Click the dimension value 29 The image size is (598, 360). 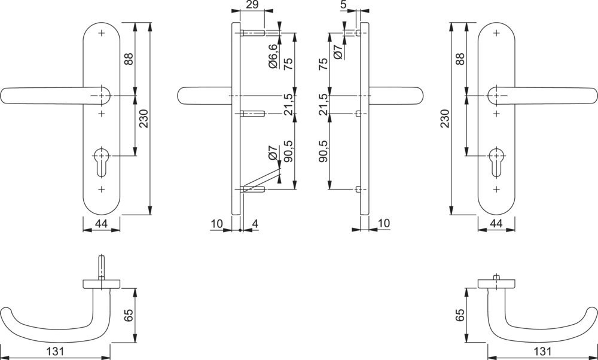click(x=252, y=5)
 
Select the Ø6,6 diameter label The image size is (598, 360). click(x=273, y=56)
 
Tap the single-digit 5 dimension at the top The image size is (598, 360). click(x=344, y=5)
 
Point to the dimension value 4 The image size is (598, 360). click(x=255, y=224)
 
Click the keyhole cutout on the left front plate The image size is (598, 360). click(x=102, y=161)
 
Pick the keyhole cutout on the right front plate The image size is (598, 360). click(x=496, y=161)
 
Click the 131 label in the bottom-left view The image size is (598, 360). click(x=54, y=351)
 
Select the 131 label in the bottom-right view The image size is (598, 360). click(x=543, y=351)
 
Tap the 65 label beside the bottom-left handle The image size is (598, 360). click(x=129, y=315)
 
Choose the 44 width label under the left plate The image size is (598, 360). click(x=101, y=224)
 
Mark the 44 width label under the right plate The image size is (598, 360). click(x=496, y=224)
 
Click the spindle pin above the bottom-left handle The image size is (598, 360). click(x=102, y=267)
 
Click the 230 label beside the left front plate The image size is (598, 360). click(x=144, y=118)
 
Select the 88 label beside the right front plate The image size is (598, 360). click(x=460, y=59)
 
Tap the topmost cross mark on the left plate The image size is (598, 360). click(x=102, y=33)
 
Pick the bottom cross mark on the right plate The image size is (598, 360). click(x=496, y=190)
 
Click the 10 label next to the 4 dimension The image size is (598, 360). click(x=216, y=224)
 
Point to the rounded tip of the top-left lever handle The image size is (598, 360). click(x=3, y=95)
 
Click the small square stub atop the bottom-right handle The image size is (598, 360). click(x=496, y=277)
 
